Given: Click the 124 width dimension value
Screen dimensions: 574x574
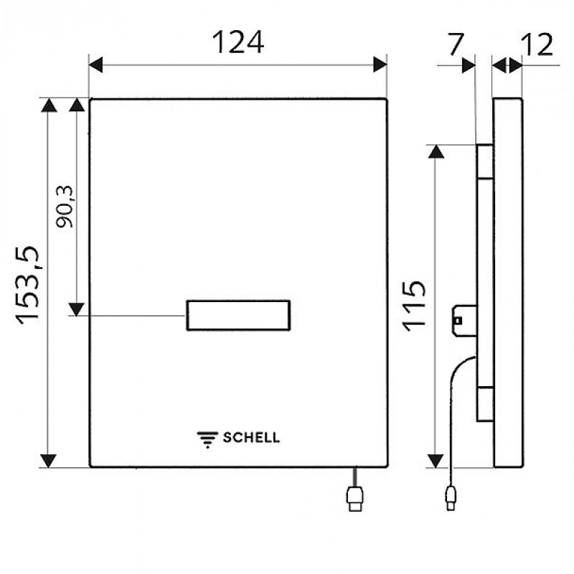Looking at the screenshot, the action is click(x=238, y=42).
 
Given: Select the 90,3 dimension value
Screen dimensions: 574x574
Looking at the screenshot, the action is click(x=65, y=207).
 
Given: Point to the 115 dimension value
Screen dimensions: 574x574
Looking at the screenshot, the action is click(x=415, y=306).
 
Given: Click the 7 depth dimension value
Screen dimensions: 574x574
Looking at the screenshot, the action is click(x=456, y=44).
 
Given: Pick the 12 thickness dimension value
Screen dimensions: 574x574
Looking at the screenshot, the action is click(x=537, y=44).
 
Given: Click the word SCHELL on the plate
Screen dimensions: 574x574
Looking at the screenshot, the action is click(x=252, y=438).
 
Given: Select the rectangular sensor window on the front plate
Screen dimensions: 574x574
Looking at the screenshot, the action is click(x=238, y=315).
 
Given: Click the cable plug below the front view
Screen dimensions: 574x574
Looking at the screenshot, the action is click(x=354, y=499).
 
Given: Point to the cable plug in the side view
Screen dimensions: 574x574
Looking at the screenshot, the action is click(x=451, y=498).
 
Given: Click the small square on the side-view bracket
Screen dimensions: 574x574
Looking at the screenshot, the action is click(x=458, y=321).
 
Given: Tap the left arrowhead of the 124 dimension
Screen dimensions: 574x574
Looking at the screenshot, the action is click(x=96, y=65).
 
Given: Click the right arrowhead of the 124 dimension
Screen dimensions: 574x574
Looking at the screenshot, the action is click(x=380, y=65).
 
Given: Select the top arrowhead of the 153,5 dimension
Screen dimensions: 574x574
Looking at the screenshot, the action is click(x=49, y=105).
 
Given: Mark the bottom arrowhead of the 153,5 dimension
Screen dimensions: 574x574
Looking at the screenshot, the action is click(x=48, y=461).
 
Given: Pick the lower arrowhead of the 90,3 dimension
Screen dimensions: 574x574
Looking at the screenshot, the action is click(x=77, y=309).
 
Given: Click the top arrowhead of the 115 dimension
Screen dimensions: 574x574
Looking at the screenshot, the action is click(x=436, y=151).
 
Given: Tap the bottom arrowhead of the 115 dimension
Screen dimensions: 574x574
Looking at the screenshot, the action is click(x=436, y=461).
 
